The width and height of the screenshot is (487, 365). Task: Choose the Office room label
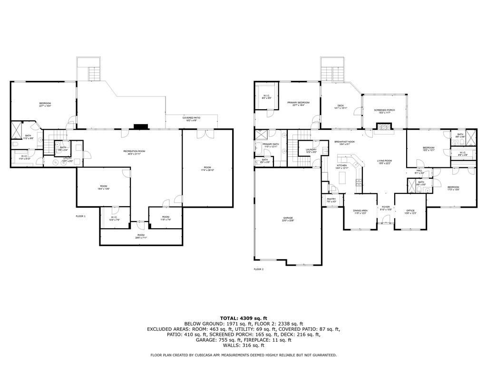(x=410, y=211)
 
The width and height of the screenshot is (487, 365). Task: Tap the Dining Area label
(x=360, y=211)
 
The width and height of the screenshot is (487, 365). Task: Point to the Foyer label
(x=386, y=208)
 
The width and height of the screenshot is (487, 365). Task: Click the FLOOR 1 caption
(x=80, y=216)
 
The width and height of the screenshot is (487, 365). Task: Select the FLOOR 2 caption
(x=258, y=269)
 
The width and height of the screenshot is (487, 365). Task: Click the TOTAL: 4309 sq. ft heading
(x=243, y=318)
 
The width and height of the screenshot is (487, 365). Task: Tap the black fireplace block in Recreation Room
(x=141, y=126)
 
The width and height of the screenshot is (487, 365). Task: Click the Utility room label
(x=68, y=159)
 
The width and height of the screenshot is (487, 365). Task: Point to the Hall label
(x=419, y=172)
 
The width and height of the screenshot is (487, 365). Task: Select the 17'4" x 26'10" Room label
(x=207, y=168)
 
